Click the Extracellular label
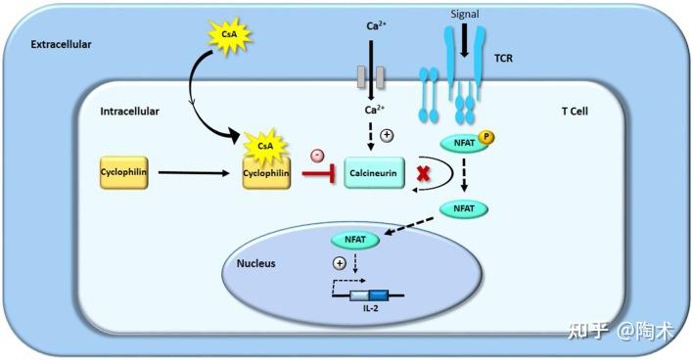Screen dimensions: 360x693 click(60, 45)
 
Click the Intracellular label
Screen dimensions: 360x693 click(129, 112)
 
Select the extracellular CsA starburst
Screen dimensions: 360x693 click(228, 37)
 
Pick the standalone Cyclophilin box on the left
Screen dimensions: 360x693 click(123, 173)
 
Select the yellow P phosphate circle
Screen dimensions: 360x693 click(486, 139)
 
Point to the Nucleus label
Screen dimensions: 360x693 click(256, 264)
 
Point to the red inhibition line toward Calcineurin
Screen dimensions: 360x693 click(319, 174)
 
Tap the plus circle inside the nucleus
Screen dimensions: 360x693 click(340, 264)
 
